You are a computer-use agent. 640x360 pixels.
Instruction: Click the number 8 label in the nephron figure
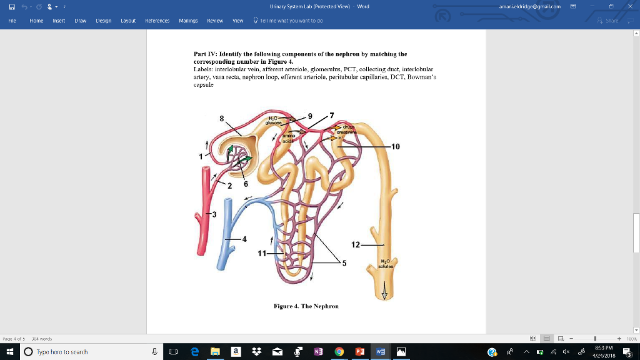coord(221,118)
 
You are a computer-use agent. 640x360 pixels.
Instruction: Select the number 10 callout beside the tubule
coord(395,146)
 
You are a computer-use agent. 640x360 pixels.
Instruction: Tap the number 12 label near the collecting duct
coord(356,244)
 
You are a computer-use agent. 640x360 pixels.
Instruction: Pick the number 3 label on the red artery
coord(214,215)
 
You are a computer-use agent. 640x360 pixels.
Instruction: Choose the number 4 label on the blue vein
coord(244,239)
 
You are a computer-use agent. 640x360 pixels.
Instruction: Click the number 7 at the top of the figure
coord(332,114)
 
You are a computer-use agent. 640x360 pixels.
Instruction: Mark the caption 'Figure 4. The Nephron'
coord(306,306)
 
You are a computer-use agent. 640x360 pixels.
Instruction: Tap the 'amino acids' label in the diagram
coord(287,139)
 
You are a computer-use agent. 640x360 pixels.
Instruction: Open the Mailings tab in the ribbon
coord(188,21)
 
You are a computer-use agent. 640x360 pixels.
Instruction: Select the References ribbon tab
coord(157,21)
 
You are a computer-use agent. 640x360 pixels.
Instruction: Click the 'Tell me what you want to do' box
coord(291,21)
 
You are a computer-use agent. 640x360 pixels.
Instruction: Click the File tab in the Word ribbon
coord(12,21)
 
